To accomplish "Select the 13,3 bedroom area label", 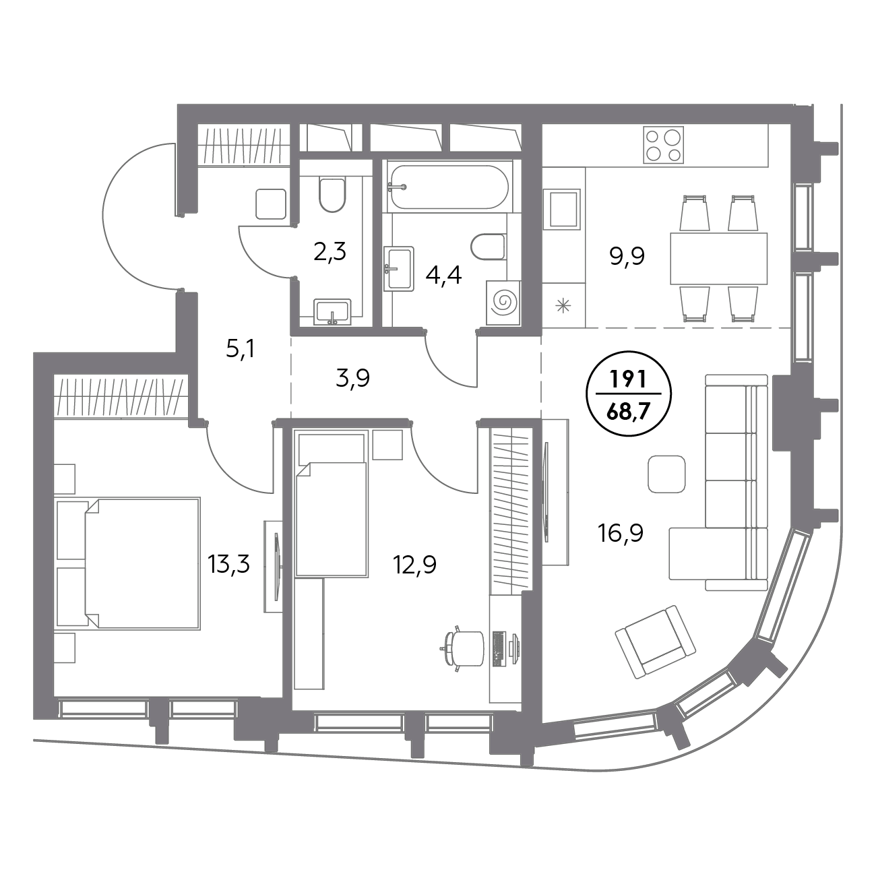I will (229, 563).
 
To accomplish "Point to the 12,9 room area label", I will (414, 564).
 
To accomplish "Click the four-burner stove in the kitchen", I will (663, 145).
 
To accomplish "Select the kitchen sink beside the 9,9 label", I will (562, 209).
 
